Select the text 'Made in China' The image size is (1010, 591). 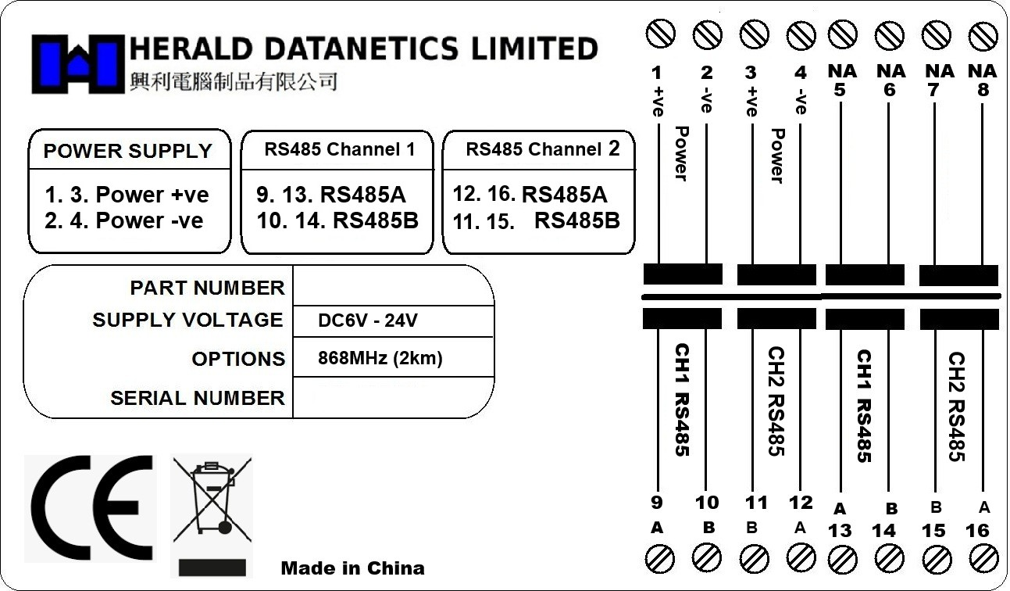point(352,568)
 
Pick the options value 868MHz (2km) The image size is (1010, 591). point(380,359)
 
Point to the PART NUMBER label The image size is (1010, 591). point(207,288)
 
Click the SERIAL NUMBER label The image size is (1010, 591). point(197,398)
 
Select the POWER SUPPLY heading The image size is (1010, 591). point(127,151)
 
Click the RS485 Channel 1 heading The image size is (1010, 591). point(339,149)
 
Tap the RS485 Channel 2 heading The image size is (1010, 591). point(543,149)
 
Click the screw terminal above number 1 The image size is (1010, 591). point(661,34)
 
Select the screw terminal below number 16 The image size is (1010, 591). point(983,558)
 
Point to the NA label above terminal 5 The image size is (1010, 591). point(841,71)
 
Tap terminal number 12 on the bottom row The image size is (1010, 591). point(801,503)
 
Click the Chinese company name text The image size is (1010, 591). point(232,81)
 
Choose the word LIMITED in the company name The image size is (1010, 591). point(534,49)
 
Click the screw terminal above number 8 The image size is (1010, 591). point(983,36)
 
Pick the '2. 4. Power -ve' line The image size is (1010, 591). point(123,220)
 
